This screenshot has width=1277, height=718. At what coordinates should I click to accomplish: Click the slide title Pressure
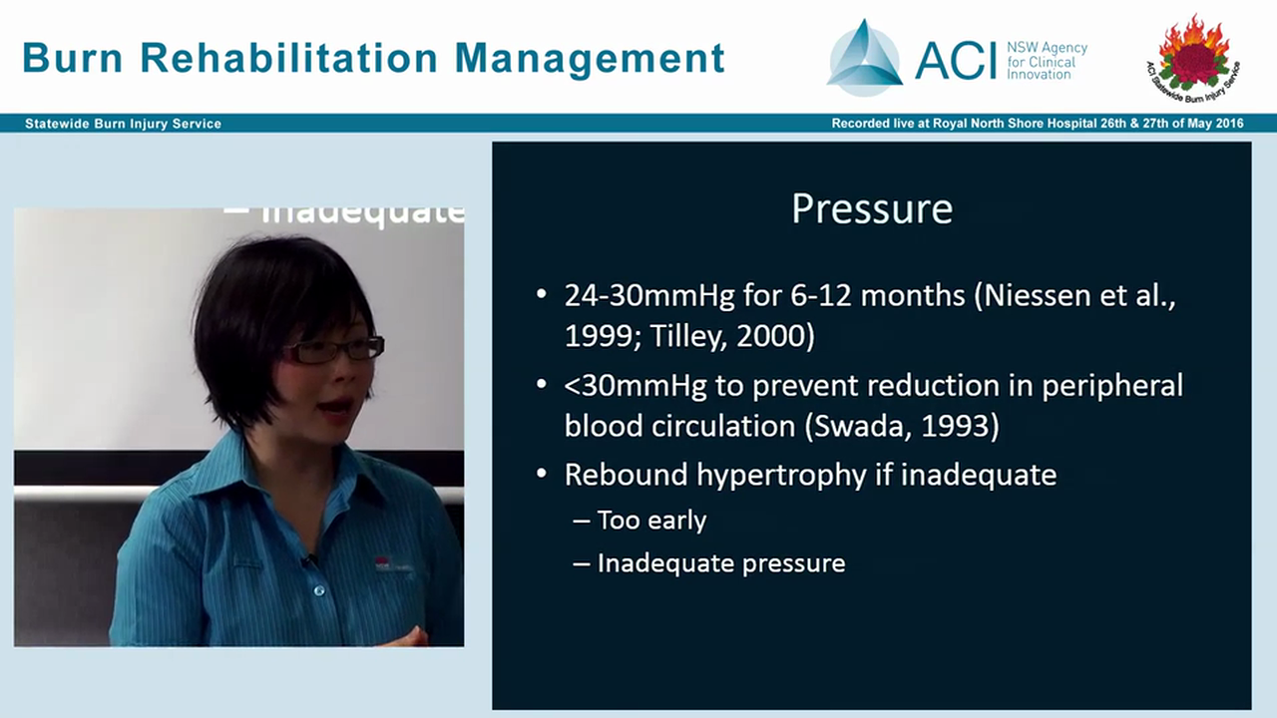pos(871,209)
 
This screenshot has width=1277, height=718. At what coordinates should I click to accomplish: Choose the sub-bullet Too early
pos(651,521)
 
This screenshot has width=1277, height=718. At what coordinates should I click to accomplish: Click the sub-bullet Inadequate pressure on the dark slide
pos(720,563)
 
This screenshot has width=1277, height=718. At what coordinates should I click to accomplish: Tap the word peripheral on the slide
pos(1111,386)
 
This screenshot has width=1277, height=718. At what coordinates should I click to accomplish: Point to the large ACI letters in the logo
pos(955,60)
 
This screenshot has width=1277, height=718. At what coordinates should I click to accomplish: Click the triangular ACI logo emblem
pos(864,60)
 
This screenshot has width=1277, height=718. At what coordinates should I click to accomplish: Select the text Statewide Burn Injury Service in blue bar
pos(123,124)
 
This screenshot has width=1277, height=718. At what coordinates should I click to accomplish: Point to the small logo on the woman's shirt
pos(384,563)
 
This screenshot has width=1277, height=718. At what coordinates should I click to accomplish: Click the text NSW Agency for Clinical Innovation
pos(1046,61)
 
